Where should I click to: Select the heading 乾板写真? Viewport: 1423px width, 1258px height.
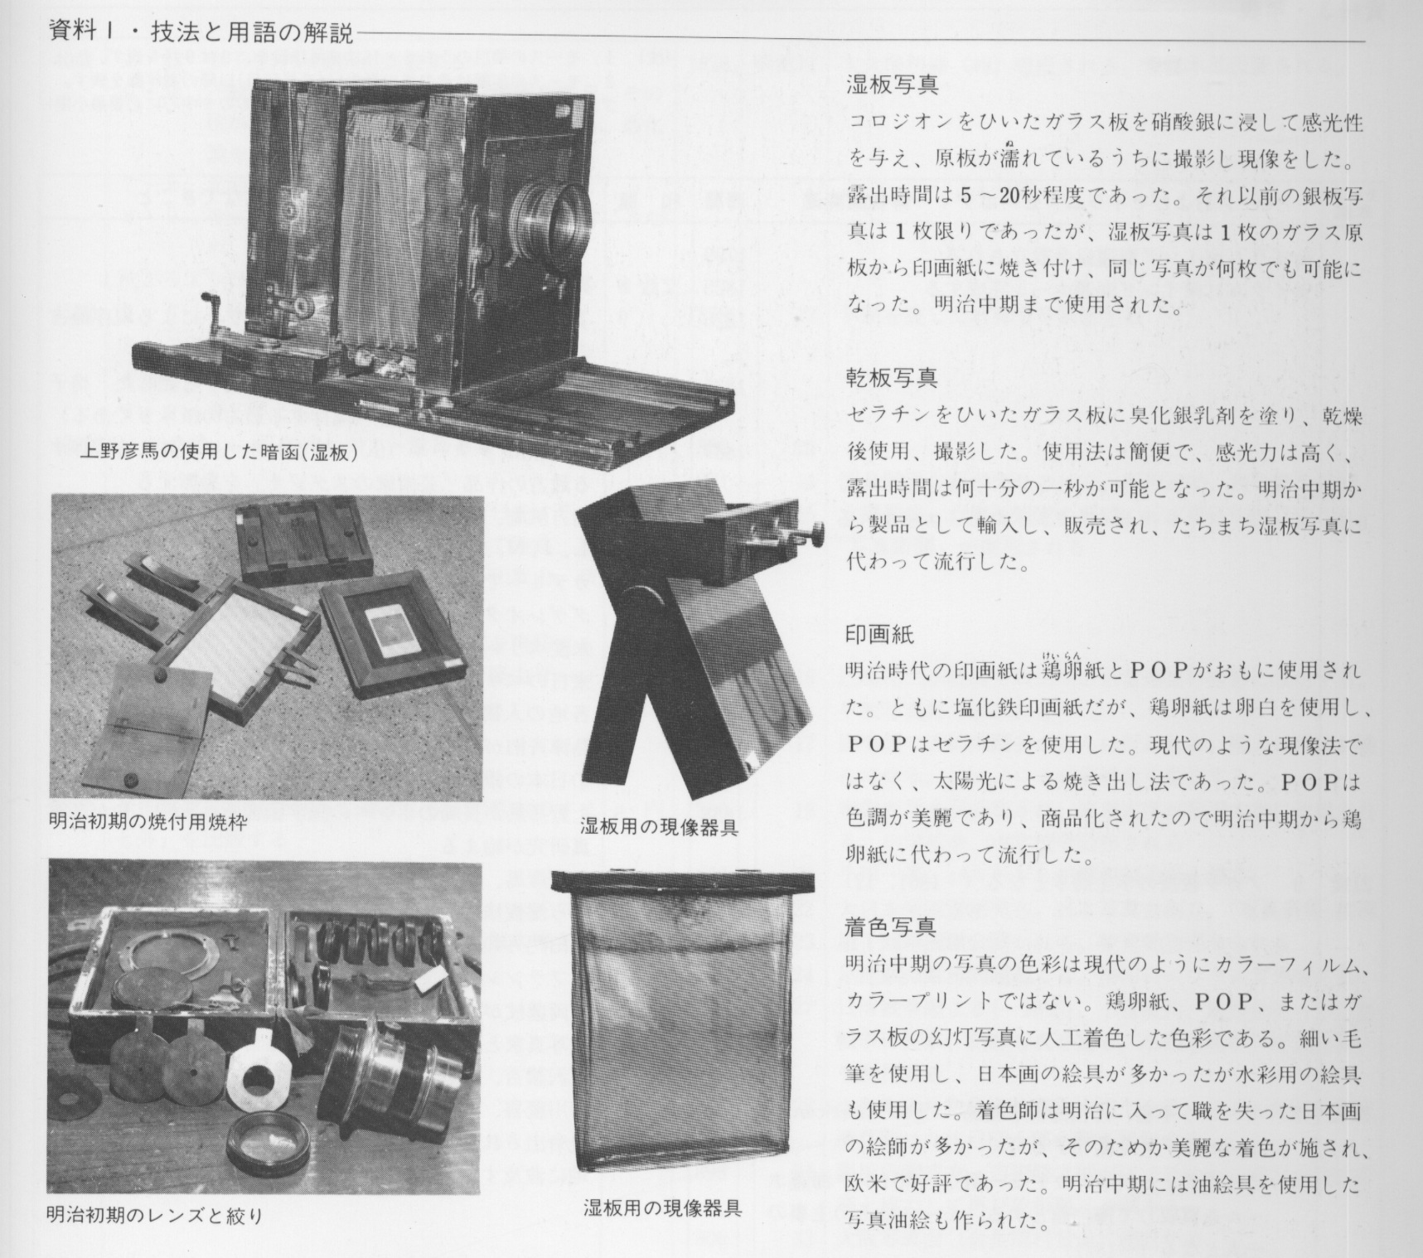(x=892, y=379)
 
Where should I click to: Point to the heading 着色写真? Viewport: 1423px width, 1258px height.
(x=892, y=927)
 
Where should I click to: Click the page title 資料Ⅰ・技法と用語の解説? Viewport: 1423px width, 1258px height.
(x=201, y=34)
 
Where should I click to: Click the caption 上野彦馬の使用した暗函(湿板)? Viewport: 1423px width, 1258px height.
(x=219, y=452)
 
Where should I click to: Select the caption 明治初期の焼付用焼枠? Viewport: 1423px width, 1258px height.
(x=148, y=824)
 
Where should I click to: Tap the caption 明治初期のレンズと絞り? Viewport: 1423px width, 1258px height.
(x=156, y=1217)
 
